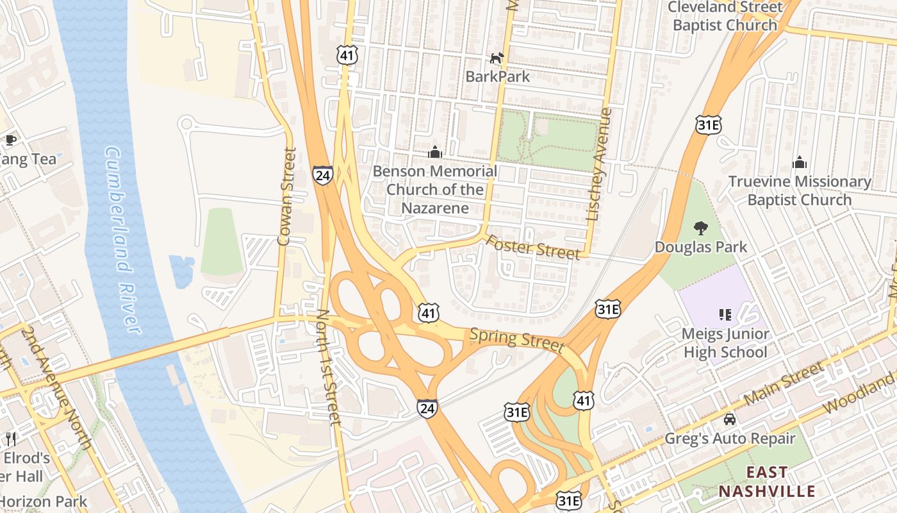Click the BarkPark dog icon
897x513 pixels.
pyautogui.click(x=497, y=58)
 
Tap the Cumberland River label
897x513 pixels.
pyautogui.click(x=122, y=240)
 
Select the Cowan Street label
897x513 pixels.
pyautogui.click(x=286, y=197)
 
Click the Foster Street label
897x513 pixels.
pyautogui.click(x=532, y=248)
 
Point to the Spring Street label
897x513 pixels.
pyautogui.click(x=517, y=340)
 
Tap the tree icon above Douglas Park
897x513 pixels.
pyautogui.click(x=700, y=228)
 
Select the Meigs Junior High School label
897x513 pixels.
pyautogui.click(x=725, y=343)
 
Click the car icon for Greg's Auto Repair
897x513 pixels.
pyautogui.click(x=729, y=419)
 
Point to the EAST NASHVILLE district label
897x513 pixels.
pyautogui.click(x=766, y=482)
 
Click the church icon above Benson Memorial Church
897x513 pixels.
pyautogui.click(x=435, y=152)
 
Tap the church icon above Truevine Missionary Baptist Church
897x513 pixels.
pyautogui.click(x=799, y=162)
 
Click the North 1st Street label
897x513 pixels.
pyautogui.click(x=327, y=367)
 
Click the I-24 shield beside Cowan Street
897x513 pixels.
pyautogui.click(x=322, y=175)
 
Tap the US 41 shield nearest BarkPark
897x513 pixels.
pyautogui.click(x=347, y=56)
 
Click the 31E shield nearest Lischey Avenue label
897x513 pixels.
pyautogui.click(x=708, y=125)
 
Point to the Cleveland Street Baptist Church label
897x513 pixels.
pyautogui.click(x=725, y=16)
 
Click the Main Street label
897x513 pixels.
pyautogui.click(x=784, y=384)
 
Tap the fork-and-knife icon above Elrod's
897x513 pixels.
pyautogui.click(x=11, y=439)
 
